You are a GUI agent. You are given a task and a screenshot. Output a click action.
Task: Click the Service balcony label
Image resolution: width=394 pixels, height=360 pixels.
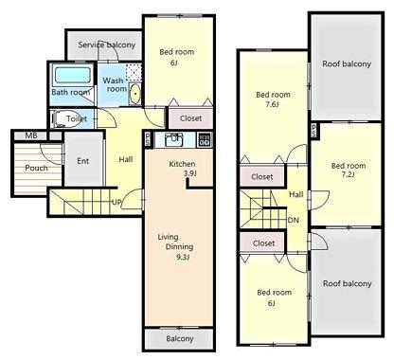106,45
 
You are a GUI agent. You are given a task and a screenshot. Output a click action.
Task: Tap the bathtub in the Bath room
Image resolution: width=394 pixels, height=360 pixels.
70,76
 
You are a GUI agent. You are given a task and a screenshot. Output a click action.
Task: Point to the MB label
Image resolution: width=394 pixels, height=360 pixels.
31,135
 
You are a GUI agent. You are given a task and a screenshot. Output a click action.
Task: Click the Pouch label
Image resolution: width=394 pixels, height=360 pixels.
36,168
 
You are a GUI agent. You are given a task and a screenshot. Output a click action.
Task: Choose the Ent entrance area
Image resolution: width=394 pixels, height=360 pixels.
82,160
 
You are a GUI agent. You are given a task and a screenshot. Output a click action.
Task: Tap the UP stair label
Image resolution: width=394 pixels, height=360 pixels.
116,202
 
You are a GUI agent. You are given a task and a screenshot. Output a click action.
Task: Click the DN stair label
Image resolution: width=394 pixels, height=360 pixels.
293,219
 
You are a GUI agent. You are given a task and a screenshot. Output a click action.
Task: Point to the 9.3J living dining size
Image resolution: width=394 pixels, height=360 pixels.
181,256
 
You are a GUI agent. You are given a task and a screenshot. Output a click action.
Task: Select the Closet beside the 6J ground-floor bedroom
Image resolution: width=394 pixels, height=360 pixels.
190,118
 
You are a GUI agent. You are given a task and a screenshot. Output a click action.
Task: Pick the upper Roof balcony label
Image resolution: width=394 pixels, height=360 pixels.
347,63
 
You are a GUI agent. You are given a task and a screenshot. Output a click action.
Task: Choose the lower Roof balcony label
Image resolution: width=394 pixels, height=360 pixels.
347,284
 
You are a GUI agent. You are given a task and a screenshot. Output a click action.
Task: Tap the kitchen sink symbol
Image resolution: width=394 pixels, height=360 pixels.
173,140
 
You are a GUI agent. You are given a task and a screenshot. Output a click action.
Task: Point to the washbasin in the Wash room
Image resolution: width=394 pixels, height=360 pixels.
134,93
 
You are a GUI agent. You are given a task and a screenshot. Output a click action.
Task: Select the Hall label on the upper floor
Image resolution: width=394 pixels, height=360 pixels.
295,194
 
